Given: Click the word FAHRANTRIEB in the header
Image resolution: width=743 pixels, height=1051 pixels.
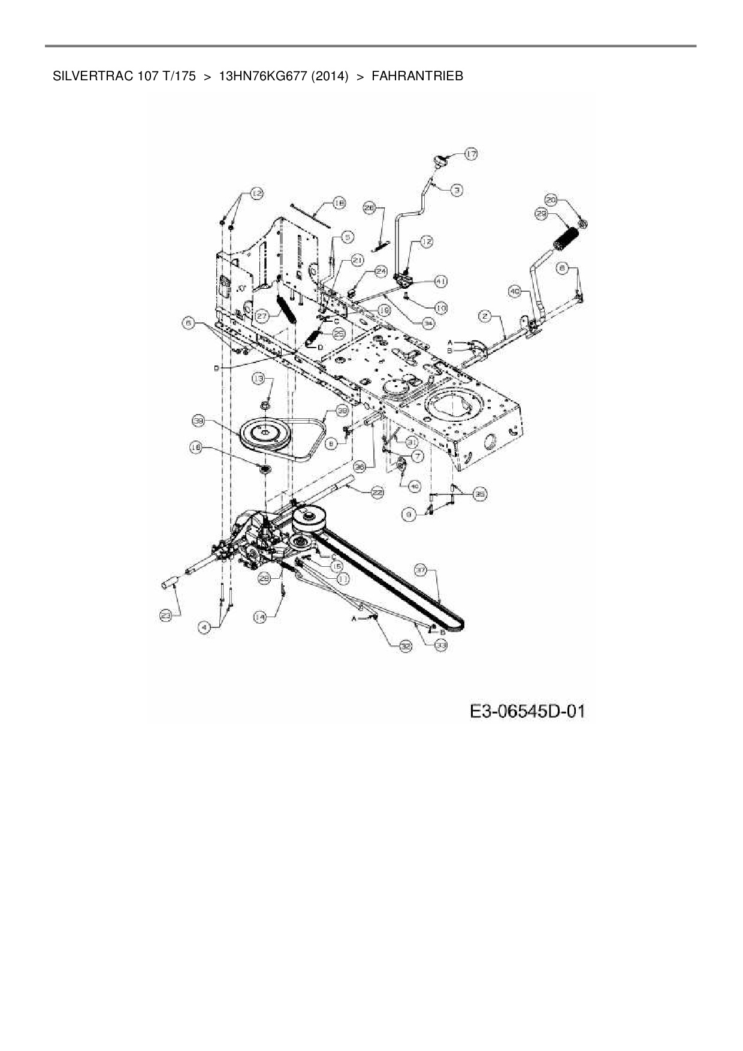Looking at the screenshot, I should pos(417,76).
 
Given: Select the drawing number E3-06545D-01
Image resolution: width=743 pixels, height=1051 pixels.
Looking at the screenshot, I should pos(527,712).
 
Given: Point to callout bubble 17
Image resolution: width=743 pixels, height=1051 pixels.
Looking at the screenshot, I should pos(471,155).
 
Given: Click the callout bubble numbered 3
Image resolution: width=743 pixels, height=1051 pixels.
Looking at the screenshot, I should pos(457,190).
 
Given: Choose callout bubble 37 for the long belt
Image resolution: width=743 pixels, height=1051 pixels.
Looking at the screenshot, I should pos(421,572).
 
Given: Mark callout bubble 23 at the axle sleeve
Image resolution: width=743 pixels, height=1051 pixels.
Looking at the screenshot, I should pos(167,615).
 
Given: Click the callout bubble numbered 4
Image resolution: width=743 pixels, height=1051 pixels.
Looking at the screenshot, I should pos(205,627).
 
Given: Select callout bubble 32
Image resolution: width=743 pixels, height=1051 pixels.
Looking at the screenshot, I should pos(406,645).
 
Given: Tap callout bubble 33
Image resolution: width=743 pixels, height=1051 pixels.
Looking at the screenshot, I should pos(441,646).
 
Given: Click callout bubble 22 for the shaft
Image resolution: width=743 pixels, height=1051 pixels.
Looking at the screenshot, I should pos(377,493).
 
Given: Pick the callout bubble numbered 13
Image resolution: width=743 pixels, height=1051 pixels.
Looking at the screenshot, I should pos(258,378).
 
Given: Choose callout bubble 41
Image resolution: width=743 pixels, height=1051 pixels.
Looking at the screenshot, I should pos(440,280).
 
